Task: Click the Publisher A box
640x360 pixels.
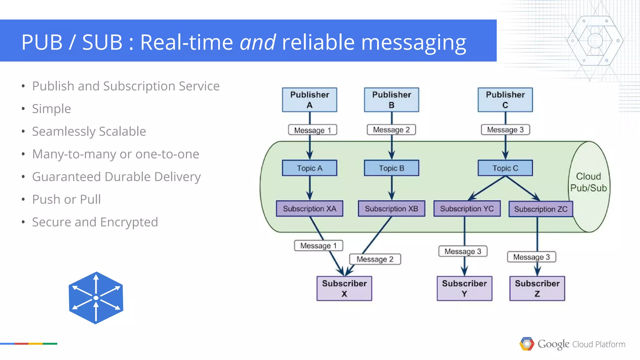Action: point(309,100)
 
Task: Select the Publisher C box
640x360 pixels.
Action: point(505,100)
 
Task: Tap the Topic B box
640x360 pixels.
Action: point(391,168)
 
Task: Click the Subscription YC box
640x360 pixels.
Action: point(467,208)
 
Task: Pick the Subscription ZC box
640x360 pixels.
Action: point(541,209)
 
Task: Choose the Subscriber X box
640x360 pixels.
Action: point(344,288)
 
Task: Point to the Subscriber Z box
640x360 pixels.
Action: point(537,288)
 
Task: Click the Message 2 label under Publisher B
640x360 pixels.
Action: point(391,130)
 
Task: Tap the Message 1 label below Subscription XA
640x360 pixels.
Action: point(318,246)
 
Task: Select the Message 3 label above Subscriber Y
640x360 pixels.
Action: point(463,251)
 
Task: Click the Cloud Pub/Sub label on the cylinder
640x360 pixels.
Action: point(588,182)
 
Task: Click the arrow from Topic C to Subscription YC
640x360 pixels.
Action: point(487,188)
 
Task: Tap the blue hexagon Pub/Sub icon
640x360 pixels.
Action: point(96,298)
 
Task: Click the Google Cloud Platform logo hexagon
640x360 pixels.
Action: point(527,344)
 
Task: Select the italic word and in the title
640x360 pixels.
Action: point(257,42)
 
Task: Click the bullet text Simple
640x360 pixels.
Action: point(52,109)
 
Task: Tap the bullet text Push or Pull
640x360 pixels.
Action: point(66,199)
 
